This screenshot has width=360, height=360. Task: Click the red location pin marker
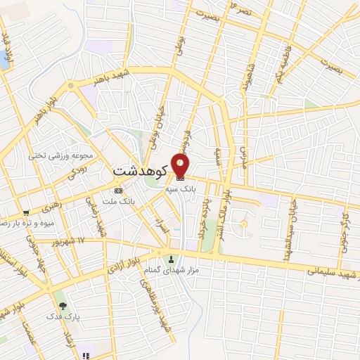181,166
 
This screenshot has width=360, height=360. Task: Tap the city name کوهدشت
139,171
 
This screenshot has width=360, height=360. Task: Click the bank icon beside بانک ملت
117,190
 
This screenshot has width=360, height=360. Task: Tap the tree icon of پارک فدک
63,306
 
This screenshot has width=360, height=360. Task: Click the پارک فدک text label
67,317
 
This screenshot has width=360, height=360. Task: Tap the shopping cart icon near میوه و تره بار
26,212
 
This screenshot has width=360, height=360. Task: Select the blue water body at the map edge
4,56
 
